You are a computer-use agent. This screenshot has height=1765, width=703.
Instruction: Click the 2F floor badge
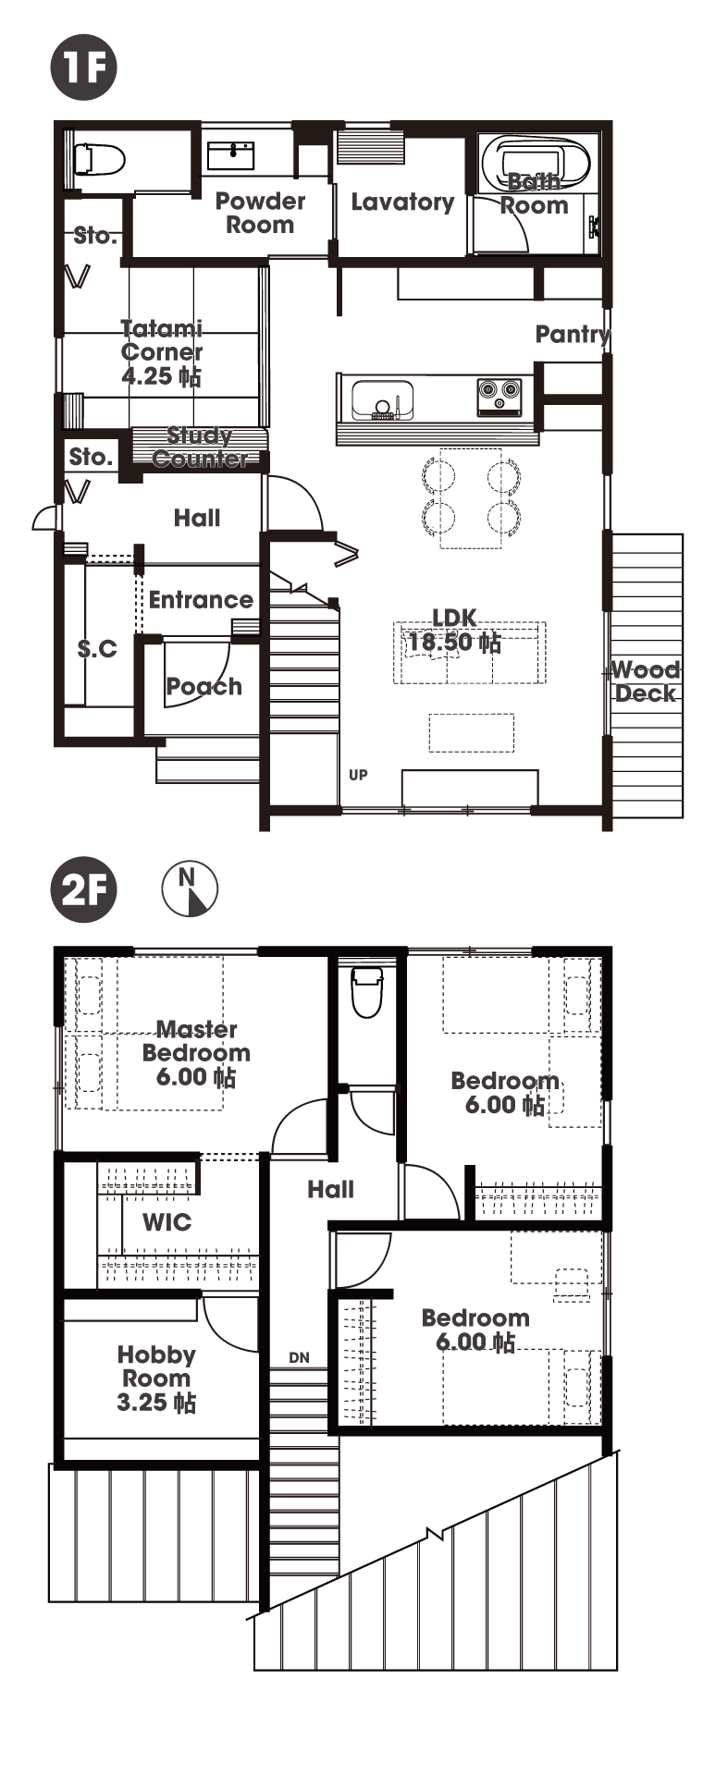(84, 891)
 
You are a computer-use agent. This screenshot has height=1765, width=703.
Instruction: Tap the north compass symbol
(190, 889)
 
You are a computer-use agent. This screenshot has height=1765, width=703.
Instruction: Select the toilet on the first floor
(99, 159)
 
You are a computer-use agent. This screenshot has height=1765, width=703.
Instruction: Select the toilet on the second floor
(367, 992)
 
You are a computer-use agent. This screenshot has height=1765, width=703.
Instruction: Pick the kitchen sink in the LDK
(382, 398)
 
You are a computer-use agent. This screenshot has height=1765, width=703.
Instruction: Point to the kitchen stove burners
(499, 396)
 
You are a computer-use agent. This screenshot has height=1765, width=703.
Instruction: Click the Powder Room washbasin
(231, 154)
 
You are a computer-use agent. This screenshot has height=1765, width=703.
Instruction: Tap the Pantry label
(573, 334)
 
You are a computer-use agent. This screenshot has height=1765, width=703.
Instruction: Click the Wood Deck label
(646, 681)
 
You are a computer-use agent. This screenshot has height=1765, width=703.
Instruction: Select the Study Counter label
(200, 447)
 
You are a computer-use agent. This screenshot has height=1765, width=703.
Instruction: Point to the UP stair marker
(358, 775)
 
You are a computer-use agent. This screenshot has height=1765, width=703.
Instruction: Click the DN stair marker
(299, 1358)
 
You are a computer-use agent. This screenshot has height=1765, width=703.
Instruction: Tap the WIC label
(167, 1222)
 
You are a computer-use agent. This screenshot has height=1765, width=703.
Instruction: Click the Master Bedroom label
(196, 1041)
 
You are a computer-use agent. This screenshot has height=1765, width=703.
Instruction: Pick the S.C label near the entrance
(97, 649)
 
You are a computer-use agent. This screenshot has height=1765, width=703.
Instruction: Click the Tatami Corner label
(162, 339)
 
